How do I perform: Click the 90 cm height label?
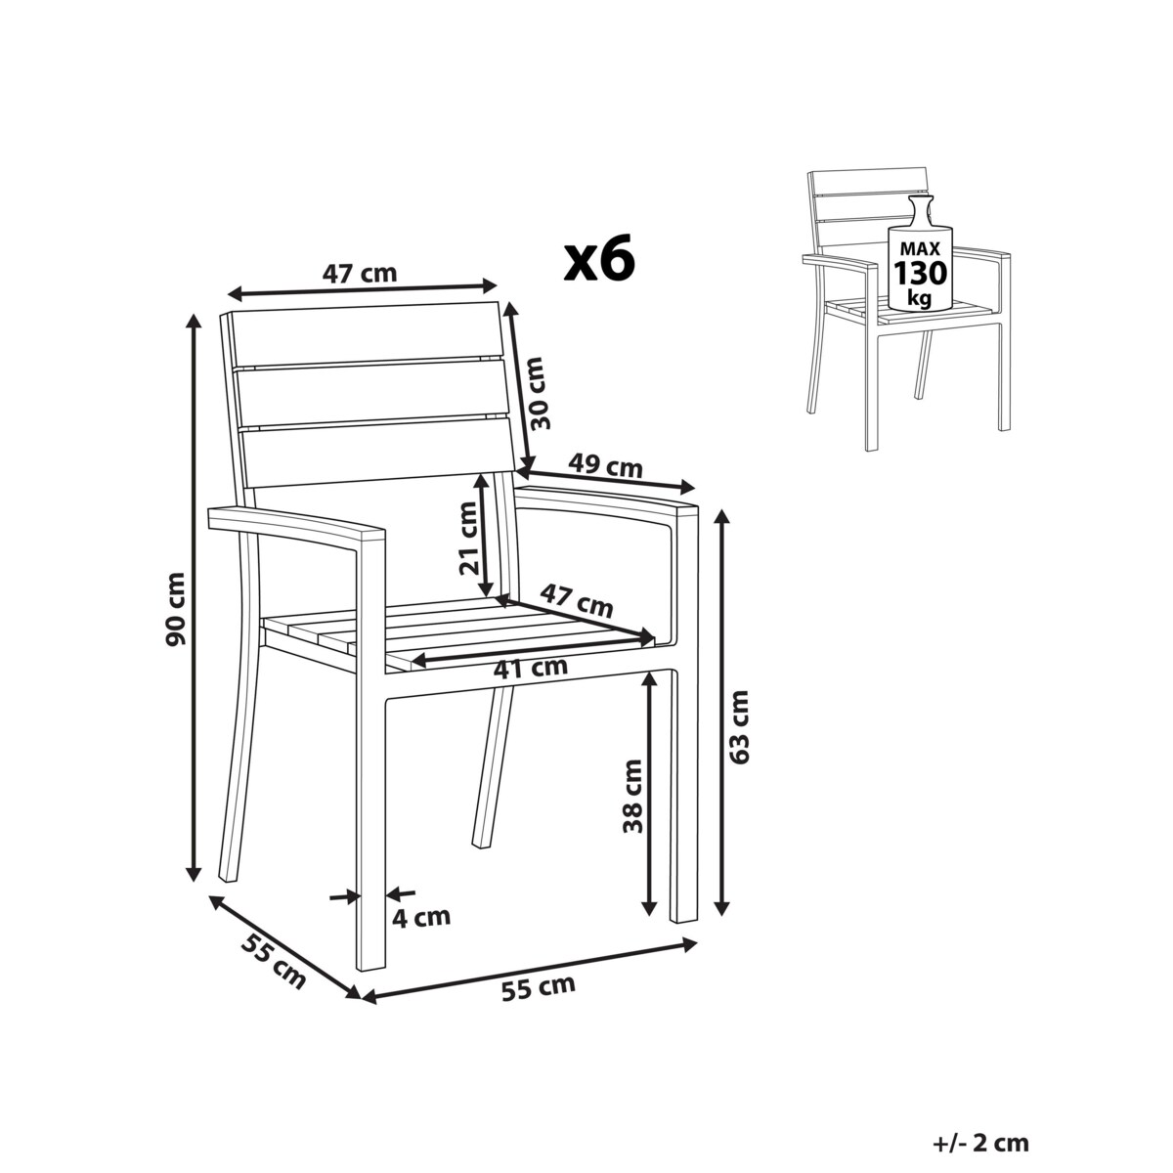(x=176, y=609)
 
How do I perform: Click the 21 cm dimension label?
(x=469, y=538)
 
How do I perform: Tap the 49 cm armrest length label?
(x=605, y=466)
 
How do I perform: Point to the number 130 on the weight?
(x=921, y=273)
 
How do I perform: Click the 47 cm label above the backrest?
(x=359, y=274)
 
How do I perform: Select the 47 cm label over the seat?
(x=577, y=600)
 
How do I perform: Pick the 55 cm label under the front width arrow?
(x=538, y=1005)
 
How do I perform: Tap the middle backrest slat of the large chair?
(x=372, y=396)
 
